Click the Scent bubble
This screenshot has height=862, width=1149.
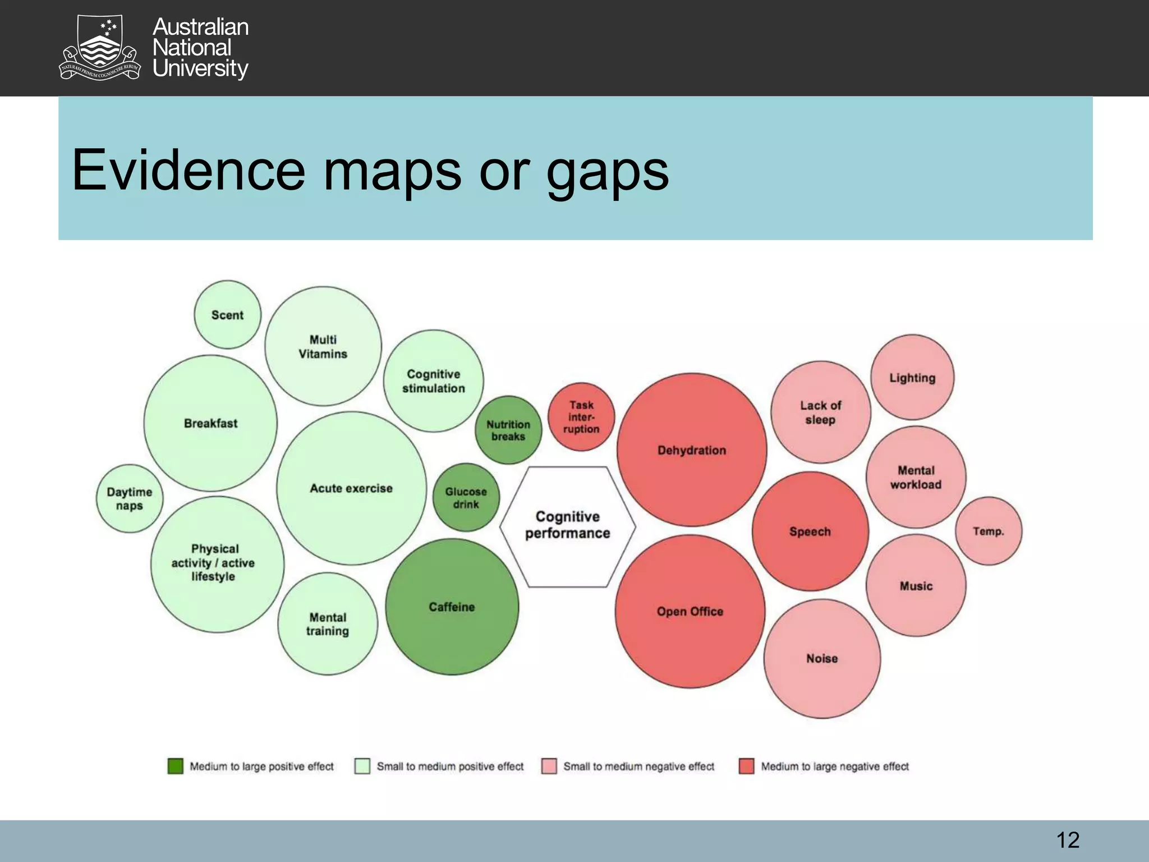tap(227, 315)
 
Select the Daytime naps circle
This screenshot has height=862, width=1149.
tap(130, 498)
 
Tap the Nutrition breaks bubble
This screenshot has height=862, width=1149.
tap(508, 430)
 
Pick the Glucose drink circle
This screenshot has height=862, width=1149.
tap(466, 498)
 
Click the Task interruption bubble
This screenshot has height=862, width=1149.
tap(581, 417)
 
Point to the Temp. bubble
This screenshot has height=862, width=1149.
tap(989, 531)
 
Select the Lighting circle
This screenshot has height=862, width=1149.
tap(912, 378)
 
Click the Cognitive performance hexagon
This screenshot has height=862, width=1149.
tap(568, 526)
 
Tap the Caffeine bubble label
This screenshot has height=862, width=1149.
tap(452, 607)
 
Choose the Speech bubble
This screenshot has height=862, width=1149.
tap(810, 531)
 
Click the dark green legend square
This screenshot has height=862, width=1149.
tap(176, 766)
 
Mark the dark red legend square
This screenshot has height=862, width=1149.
tap(746, 766)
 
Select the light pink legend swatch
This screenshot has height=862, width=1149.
tap(549, 766)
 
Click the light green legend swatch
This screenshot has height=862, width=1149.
tap(362, 766)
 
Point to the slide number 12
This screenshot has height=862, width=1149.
tap(1068, 840)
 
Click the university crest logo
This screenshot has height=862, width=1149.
tap(99, 48)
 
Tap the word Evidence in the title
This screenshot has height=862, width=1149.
tap(189, 169)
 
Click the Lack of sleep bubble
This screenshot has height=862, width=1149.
tap(820, 412)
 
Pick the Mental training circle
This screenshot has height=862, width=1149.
tap(328, 624)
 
